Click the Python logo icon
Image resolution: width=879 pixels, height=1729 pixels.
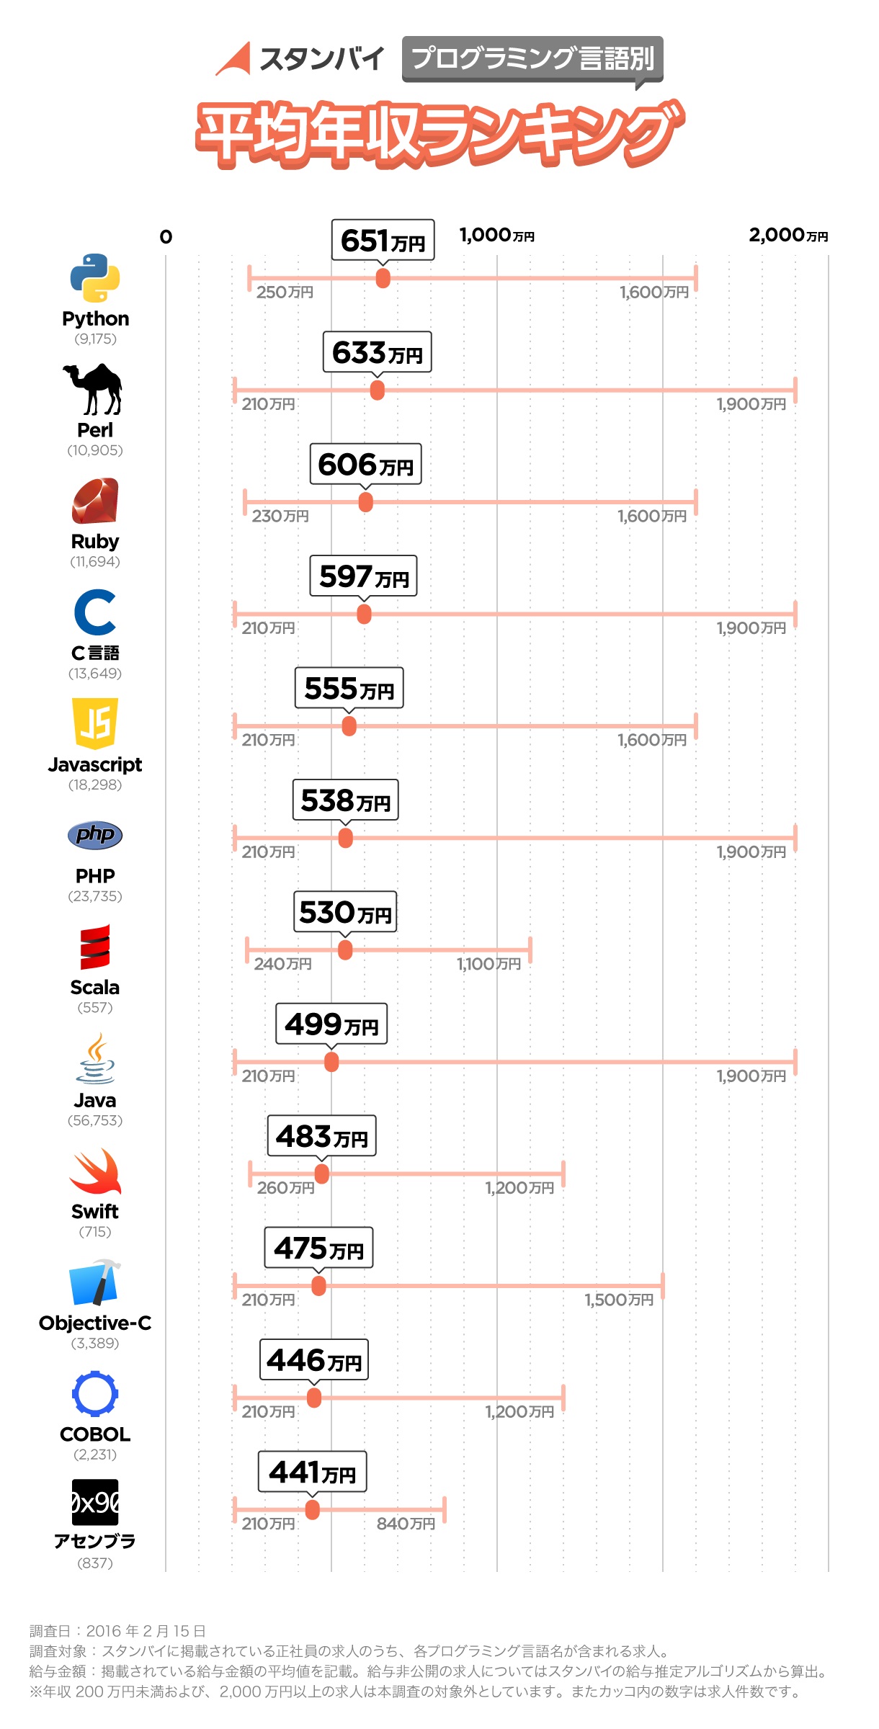pos(95,278)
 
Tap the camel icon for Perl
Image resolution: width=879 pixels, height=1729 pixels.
pos(94,389)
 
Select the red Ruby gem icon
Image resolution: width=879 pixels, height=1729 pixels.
pos(95,501)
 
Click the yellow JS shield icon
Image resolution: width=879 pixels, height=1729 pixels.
pos(95,723)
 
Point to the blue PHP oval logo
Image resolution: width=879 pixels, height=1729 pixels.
pos(95,835)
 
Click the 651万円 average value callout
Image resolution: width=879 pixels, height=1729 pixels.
pos(383,240)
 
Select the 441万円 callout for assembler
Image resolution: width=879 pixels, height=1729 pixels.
pos(312,1472)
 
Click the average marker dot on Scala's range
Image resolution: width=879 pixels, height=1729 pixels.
pos(345,950)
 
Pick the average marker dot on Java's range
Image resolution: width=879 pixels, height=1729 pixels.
pos(331,1062)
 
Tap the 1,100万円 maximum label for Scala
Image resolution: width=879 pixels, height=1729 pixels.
pos(488,964)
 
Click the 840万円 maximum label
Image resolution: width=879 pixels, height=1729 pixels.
pos(406,1524)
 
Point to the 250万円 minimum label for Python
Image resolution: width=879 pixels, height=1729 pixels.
pos(285,292)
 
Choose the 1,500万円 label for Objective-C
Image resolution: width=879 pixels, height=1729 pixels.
pos(619,1300)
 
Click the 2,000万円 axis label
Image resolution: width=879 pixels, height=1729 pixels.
pos(787,235)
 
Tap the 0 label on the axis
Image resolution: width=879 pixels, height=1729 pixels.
pos(166,237)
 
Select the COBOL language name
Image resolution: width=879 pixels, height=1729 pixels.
pos(95,1434)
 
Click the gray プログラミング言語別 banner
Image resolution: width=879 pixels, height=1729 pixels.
pos(532,58)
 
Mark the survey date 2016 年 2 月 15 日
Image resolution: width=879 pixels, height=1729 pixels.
pos(146,1631)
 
